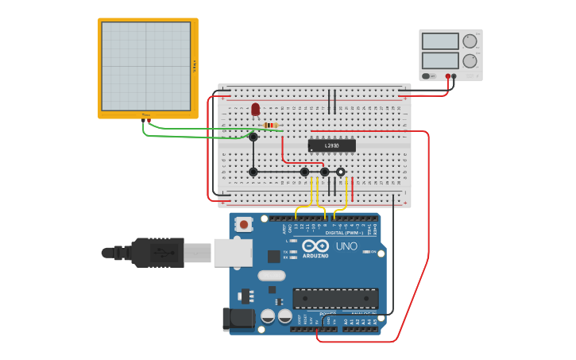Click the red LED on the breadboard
tap(255, 110)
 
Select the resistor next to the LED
tap(271, 126)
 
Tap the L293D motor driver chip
tap(331, 145)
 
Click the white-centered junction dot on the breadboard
tap(341, 172)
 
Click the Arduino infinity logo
tap(315, 246)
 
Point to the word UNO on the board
tap(346, 246)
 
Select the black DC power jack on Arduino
tap(239, 319)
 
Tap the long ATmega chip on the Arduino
tap(335, 298)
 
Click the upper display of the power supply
tap(440, 41)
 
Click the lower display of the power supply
tap(440, 60)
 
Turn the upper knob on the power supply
tap(470, 41)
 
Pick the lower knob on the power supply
tap(470, 60)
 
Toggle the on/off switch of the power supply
tap(427, 76)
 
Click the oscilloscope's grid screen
tap(146, 67)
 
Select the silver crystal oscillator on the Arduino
tap(271, 276)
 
